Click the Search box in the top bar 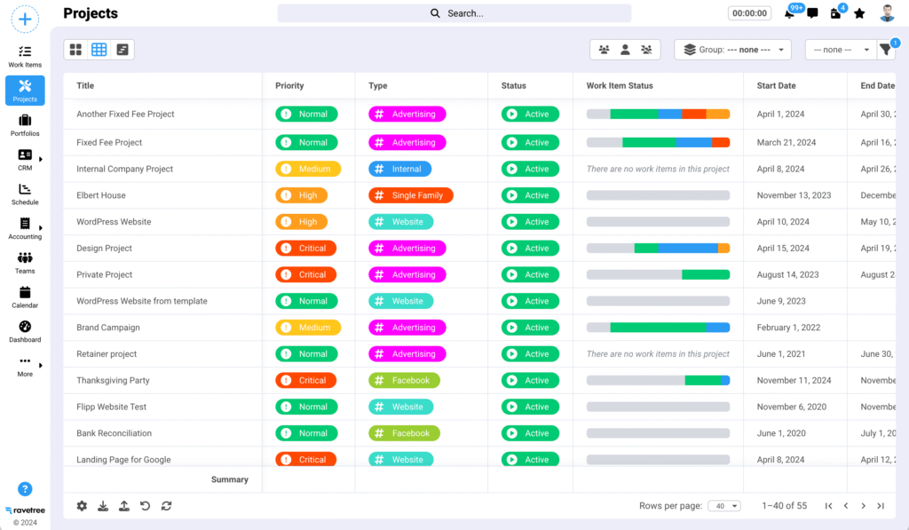(x=454, y=13)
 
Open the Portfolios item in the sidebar (x=25, y=124)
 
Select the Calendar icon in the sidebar (x=25, y=297)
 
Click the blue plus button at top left (x=25, y=19)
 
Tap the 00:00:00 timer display (x=748, y=13)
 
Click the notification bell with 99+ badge (x=789, y=13)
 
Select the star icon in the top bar (x=859, y=13)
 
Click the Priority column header (x=289, y=86)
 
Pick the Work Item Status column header (x=620, y=86)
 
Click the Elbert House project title (x=101, y=195)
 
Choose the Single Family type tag (x=411, y=195)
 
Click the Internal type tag (x=400, y=169)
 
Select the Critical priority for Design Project (x=305, y=249)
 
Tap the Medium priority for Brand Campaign (x=307, y=328)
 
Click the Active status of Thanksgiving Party (x=530, y=380)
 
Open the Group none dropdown (x=732, y=50)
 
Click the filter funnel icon (x=886, y=50)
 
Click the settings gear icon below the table (x=82, y=506)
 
